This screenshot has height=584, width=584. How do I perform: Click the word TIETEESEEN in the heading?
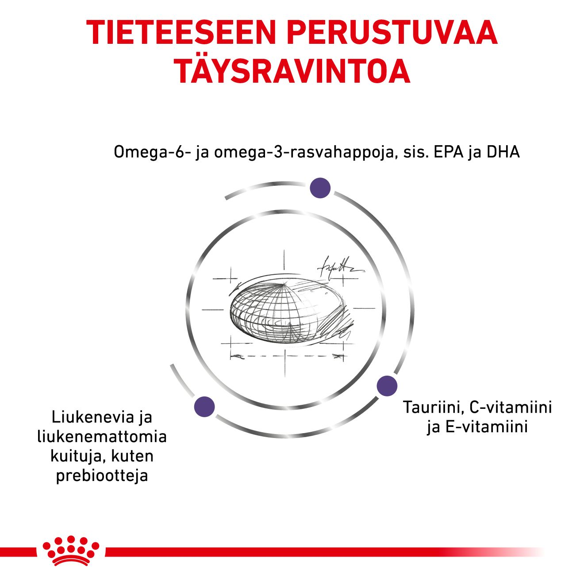pos(181,33)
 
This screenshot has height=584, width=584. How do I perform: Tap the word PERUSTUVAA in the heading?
pos(392,33)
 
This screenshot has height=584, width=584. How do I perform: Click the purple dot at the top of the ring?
pos(320,188)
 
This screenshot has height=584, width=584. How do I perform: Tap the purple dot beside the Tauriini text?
pos(387,386)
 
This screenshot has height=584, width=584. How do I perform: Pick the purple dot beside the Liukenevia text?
pos(204,407)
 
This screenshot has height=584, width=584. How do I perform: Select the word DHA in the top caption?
pos(503,152)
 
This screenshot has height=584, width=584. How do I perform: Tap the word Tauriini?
pos(434,407)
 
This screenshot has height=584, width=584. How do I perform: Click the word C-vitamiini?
pos(511,407)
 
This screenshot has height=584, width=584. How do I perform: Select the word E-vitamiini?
pos(487,426)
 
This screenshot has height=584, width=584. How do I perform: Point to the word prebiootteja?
pos(102,476)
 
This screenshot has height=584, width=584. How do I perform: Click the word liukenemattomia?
pos(102,437)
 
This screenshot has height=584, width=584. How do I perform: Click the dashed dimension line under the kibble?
pos(287,356)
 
